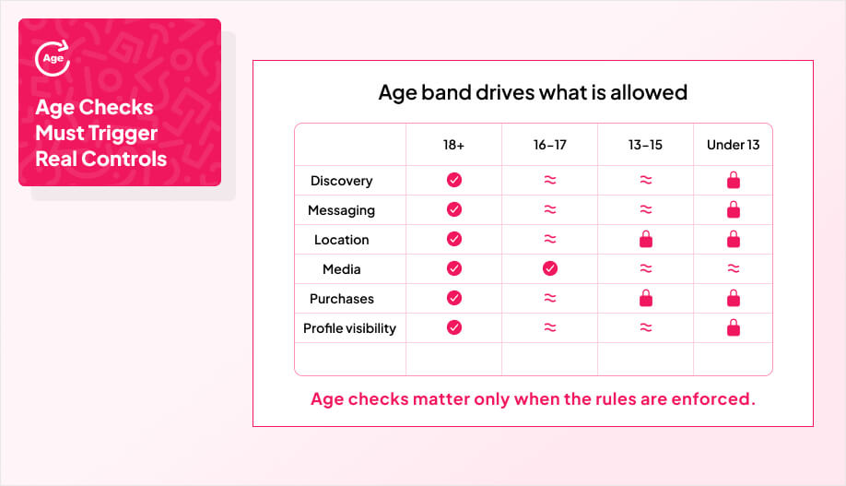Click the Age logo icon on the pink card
[53, 58]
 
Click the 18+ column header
[453, 145]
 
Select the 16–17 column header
[550, 145]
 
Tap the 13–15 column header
[645, 145]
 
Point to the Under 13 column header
[734, 145]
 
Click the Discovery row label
[342, 181]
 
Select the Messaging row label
[342, 210]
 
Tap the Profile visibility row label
[349, 328]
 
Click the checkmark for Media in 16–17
[550, 268]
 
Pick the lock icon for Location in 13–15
[646, 239]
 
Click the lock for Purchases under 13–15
[646, 298]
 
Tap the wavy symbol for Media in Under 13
[734, 268]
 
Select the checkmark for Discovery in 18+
[454, 180]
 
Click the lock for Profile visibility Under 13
[734, 327]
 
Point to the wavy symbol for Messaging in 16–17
[550, 209]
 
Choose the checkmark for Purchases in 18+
[454, 298]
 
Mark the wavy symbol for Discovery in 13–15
[646, 180]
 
